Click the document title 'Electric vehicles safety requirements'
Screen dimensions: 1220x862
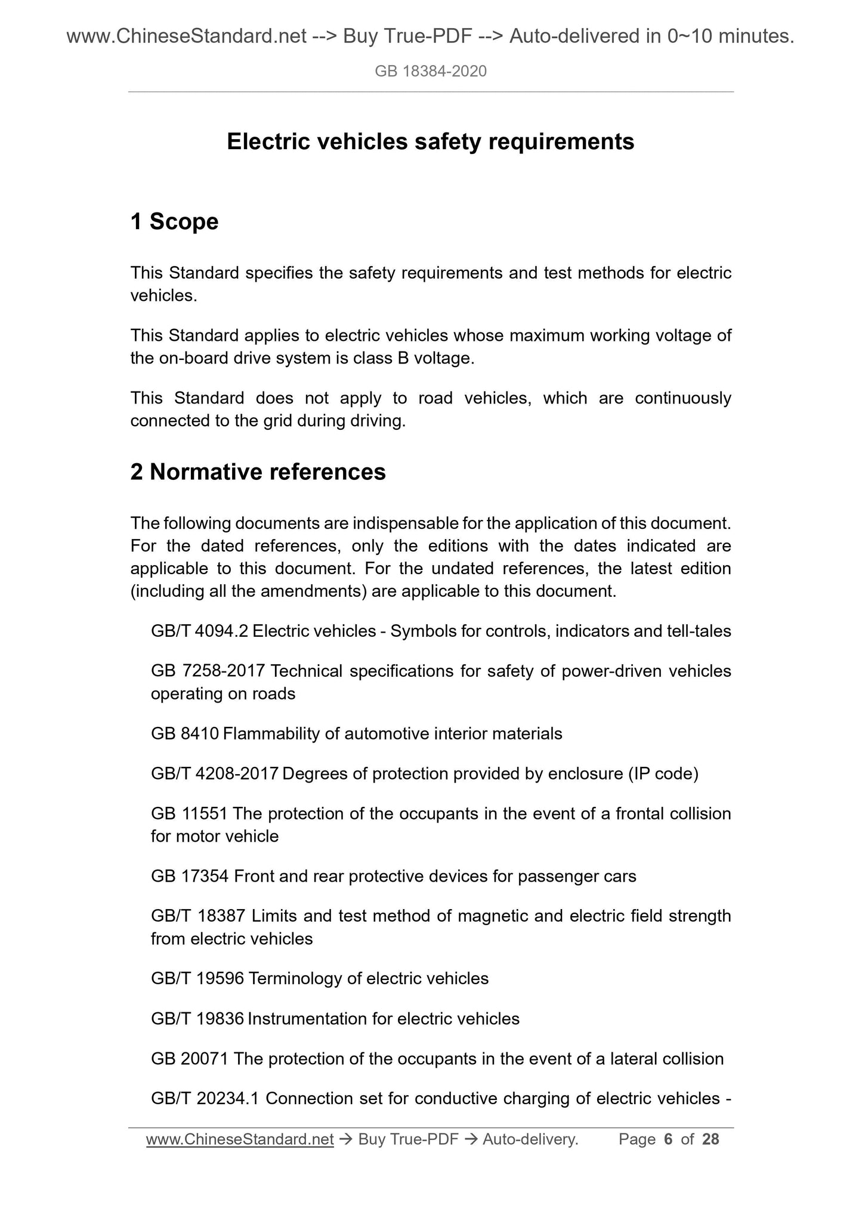coord(430,142)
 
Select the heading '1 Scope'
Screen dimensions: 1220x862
coord(174,221)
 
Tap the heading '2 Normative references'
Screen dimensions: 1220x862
coord(258,472)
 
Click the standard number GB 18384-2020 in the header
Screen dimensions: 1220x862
coord(431,72)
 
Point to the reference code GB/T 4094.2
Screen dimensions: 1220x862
coord(199,631)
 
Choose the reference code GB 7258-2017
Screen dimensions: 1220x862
coord(208,671)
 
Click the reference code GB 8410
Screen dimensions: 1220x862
coord(185,734)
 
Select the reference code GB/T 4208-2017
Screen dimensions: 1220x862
coord(215,774)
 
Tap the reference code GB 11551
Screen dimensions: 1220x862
coord(189,814)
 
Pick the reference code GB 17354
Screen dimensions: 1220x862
coord(190,876)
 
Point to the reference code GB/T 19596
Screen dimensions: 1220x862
coord(197,978)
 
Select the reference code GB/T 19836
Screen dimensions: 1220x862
coord(197,1018)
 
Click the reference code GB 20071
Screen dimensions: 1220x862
coord(190,1059)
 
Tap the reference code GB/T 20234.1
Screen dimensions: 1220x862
coord(205,1098)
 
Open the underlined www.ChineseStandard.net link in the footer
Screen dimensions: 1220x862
coord(239,1139)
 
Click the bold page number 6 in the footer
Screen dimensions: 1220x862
coord(668,1139)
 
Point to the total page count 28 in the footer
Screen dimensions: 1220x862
coord(710,1139)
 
